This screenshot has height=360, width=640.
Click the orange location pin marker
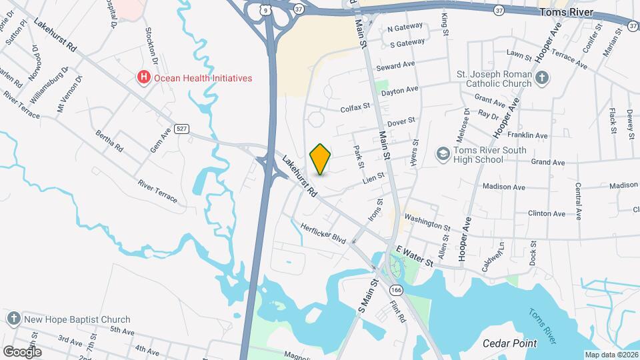click(320, 159)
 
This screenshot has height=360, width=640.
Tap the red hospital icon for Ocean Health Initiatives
click(143, 78)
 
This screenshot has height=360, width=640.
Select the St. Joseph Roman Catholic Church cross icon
click(542, 78)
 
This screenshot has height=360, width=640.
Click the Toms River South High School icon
click(442, 155)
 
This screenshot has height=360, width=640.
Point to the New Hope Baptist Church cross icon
click(13, 319)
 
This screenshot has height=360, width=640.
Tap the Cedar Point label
click(510, 344)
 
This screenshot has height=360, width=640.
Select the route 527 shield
click(181, 129)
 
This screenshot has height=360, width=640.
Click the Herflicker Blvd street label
click(323, 233)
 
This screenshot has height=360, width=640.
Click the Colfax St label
click(355, 107)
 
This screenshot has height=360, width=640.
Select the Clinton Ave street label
click(547, 214)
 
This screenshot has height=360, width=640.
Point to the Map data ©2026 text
click(611, 355)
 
